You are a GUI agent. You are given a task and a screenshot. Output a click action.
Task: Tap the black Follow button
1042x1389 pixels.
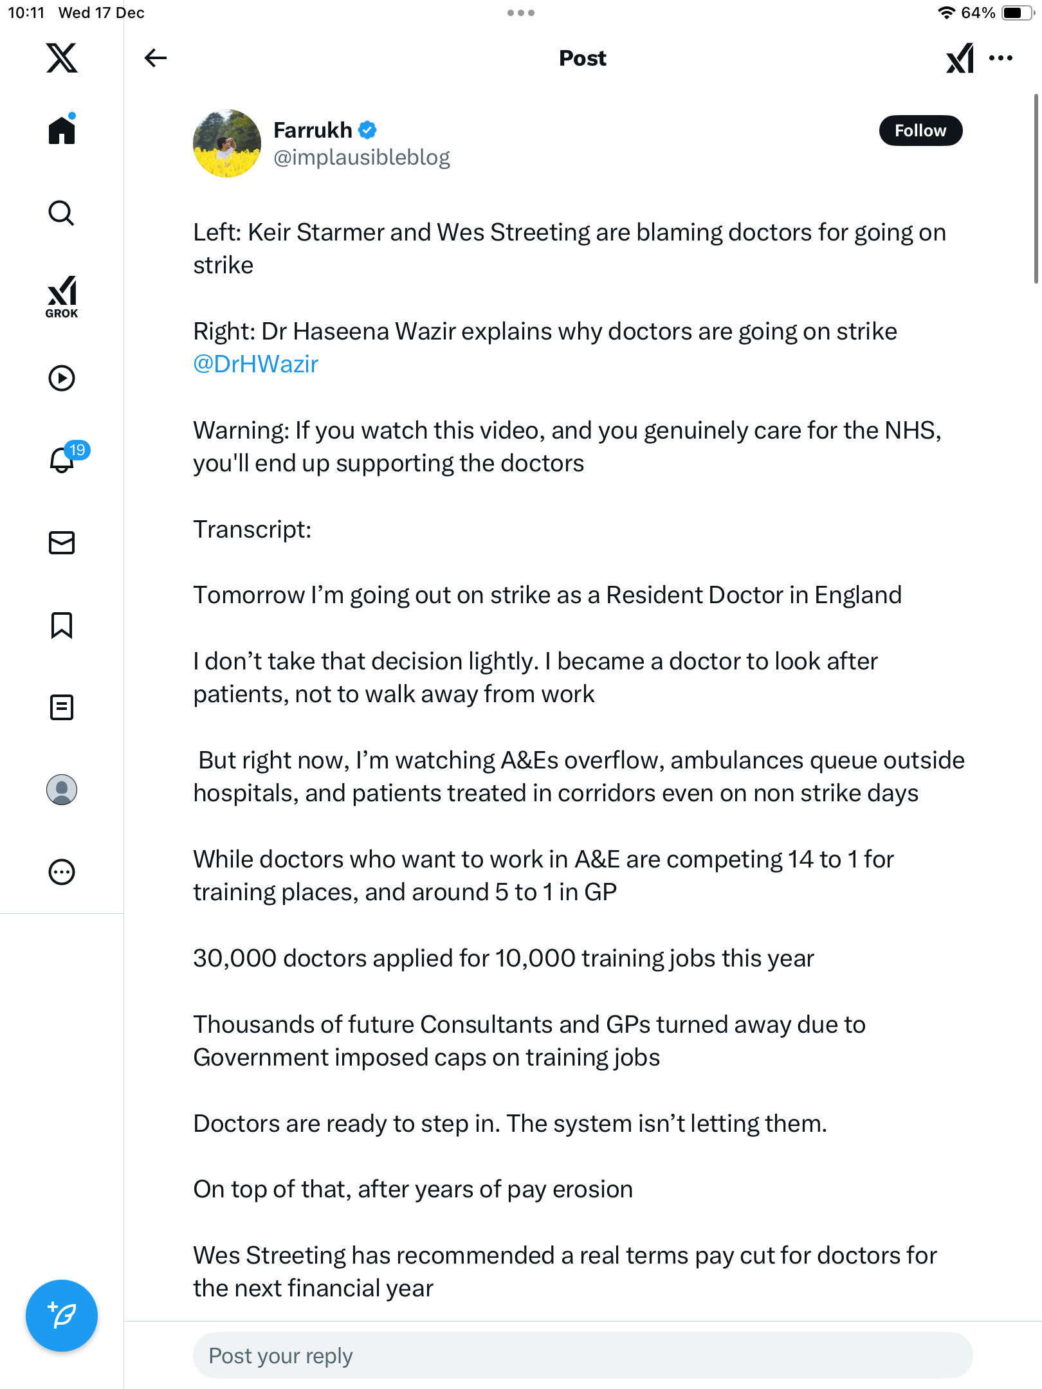[920, 131]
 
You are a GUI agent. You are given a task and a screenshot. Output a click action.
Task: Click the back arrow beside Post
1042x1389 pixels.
[155, 58]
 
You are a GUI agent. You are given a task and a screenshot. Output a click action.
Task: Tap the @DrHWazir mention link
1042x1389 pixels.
[256, 364]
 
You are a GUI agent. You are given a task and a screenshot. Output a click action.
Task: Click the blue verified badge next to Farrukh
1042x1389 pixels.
[367, 130]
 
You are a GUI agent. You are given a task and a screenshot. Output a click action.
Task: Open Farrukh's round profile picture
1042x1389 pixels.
[226, 143]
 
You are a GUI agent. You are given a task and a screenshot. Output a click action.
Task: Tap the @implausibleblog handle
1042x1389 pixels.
[361, 158]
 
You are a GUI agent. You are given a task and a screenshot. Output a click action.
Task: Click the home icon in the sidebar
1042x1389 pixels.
[62, 130]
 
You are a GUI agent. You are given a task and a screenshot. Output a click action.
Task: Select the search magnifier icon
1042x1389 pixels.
[62, 213]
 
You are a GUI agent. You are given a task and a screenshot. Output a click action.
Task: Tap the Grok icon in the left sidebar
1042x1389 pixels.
[62, 296]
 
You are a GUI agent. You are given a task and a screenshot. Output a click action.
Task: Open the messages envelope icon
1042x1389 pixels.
[62, 543]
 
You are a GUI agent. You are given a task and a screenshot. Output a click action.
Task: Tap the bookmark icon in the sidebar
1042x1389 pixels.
[62, 625]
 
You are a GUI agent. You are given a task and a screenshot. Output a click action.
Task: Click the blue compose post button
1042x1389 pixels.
[62, 1316]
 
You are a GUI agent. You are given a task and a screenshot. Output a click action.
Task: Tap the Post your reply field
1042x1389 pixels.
[582, 1356]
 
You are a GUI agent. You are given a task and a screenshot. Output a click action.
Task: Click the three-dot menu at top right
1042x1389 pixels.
[1001, 58]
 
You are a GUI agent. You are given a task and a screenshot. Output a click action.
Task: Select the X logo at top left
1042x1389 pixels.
[62, 58]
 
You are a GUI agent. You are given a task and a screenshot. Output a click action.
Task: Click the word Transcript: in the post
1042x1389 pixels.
[252, 529]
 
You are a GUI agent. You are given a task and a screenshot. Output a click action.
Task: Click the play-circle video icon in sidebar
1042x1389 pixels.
[62, 378]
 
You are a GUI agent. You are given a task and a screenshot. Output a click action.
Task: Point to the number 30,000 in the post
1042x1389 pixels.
[235, 958]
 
